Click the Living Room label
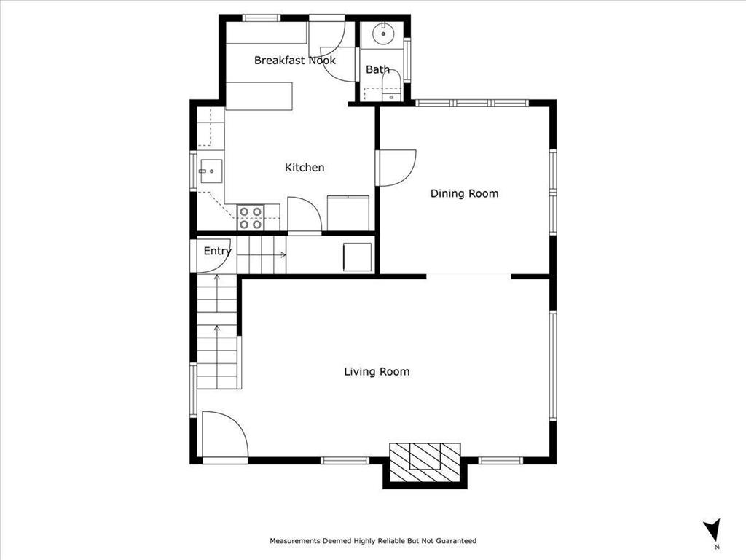(x=377, y=372)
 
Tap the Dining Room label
(x=464, y=193)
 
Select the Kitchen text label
(x=304, y=168)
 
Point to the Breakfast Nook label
(x=294, y=61)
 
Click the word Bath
(x=377, y=70)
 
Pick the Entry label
(x=217, y=252)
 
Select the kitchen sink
(x=210, y=171)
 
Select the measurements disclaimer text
(x=373, y=541)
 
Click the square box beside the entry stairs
(x=357, y=257)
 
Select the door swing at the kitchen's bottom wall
(x=303, y=214)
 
